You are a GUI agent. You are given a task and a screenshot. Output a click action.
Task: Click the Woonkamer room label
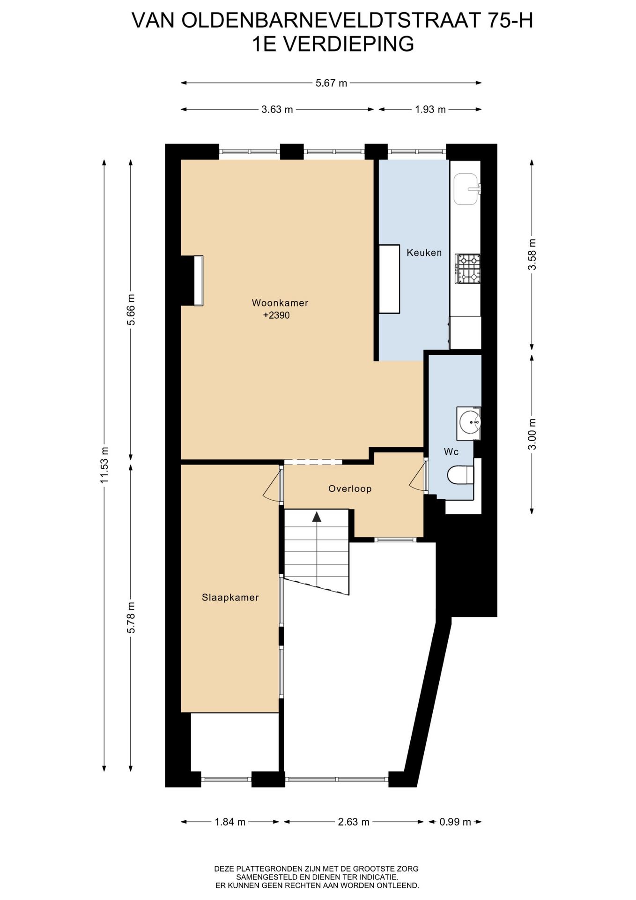(x=280, y=303)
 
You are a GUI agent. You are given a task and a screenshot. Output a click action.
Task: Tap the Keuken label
(x=424, y=253)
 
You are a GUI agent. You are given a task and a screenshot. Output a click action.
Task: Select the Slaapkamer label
(x=230, y=598)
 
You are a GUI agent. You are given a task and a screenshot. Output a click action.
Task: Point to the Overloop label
(x=350, y=489)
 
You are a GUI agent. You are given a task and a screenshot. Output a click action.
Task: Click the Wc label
(x=451, y=452)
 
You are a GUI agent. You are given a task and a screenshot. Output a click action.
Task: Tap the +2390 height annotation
(x=276, y=315)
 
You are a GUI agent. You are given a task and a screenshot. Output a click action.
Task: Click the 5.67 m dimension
(x=332, y=83)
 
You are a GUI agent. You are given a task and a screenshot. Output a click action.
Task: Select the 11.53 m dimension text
(x=104, y=465)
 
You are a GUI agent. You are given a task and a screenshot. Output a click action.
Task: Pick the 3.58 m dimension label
(x=532, y=255)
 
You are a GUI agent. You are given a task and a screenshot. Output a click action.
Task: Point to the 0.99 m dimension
(x=455, y=822)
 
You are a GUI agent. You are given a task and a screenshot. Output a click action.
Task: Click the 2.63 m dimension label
(x=354, y=822)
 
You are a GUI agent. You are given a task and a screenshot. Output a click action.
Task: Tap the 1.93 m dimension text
(x=430, y=110)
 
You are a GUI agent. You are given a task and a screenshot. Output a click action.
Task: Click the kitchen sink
(x=466, y=189)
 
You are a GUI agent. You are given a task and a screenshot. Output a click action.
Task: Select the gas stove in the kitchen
(x=468, y=269)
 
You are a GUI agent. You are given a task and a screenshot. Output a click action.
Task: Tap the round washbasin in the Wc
(x=469, y=423)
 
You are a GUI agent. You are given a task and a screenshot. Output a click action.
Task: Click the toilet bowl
(x=461, y=475)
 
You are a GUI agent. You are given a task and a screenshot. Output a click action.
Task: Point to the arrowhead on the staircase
(x=317, y=517)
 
